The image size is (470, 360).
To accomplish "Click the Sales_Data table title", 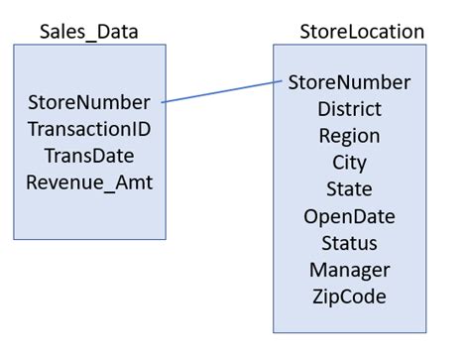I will point(88,32).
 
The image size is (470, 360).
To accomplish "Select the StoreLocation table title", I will point(361,32).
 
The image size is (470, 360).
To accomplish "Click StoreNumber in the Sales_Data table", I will point(89,102).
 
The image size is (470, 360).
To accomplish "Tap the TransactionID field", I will point(89,129).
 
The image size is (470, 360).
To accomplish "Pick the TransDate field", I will point(89,156).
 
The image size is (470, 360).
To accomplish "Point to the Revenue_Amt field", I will point(89,182).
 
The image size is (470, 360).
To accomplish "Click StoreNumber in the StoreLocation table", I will point(349,82).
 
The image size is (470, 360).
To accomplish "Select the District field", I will point(349,109).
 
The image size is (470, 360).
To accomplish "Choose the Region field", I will point(349,136).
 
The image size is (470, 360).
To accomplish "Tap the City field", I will point(349,163).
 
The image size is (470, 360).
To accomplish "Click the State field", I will point(349,189).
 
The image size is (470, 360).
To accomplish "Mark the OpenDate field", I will point(349,216).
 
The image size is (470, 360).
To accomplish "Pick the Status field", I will point(349,243).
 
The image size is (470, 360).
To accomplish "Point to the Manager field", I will point(349,270).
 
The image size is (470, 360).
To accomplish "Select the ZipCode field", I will point(349,297).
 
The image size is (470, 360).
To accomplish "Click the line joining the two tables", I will point(220,92).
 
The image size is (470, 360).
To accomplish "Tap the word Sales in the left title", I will point(61,32).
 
